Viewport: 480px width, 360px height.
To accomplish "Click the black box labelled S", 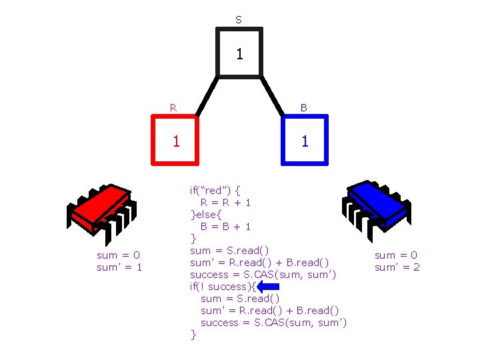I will click(239, 53).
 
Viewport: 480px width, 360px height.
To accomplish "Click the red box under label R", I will click(175, 140).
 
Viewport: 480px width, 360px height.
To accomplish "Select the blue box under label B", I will click(305, 140).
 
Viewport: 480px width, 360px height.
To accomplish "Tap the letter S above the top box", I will click(239, 20).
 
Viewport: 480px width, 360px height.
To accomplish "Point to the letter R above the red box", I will click(173, 107).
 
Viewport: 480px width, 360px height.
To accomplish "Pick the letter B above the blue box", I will click(303, 107).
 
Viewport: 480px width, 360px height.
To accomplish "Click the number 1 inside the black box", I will click(239, 54).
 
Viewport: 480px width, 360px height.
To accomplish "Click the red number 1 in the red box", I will click(176, 141).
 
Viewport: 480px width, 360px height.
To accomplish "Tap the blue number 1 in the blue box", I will click(305, 141).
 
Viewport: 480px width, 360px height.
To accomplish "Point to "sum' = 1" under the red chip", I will click(120, 267).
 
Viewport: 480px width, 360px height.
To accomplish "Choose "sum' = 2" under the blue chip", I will click(397, 267).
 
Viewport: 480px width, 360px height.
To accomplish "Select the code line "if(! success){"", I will click(222, 287).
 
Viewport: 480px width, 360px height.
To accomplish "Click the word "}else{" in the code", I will click(208, 214).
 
